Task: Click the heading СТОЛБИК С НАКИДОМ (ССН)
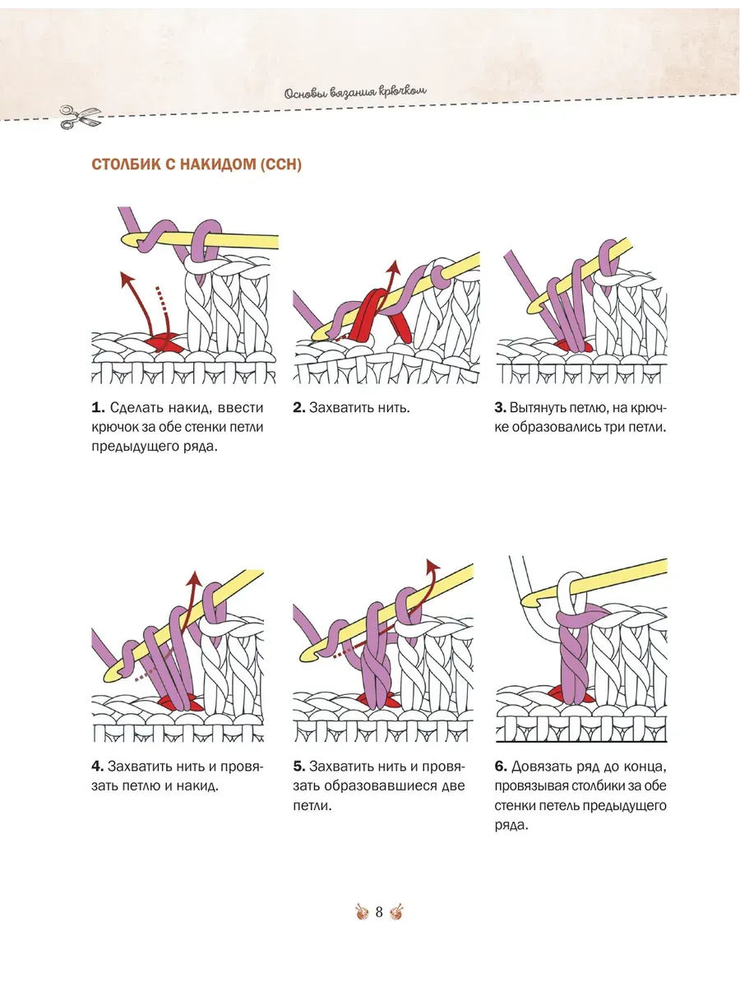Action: coord(197,164)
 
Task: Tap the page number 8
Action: coord(379,912)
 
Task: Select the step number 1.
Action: coord(98,407)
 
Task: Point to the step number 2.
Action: coord(299,407)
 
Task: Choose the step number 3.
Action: coord(501,407)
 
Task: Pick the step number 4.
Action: coord(98,766)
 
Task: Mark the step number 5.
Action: coord(299,766)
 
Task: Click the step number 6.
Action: coord(501,766)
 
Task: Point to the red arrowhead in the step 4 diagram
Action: coord(195,579)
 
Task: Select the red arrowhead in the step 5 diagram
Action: coord(432,566)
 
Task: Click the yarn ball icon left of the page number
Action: coord(362,912)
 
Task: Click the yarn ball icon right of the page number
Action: coord(396,912)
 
